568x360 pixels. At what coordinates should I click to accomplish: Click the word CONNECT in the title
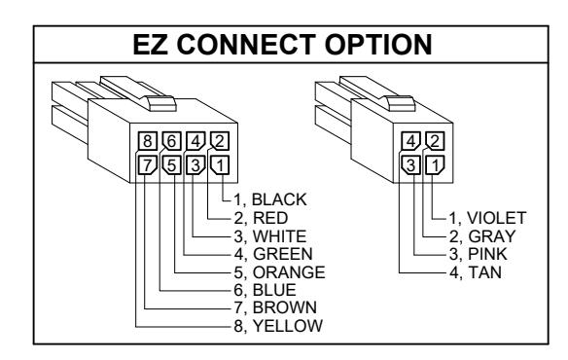(246, 45)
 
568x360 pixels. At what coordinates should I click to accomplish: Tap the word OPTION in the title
(378, 45)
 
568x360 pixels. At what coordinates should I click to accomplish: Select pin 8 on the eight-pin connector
(148, 141)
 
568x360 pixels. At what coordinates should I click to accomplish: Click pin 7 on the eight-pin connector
(148, 165)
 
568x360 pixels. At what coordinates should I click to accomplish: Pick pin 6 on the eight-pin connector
(172, 141)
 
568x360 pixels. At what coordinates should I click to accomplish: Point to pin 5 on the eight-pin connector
(172, 165)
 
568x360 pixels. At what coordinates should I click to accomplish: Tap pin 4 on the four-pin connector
(410, 141)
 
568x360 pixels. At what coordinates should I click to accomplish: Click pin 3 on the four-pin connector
(410, 165)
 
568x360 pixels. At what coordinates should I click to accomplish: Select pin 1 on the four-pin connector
(435, 165)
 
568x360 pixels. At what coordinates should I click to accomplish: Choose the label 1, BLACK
(270, 199)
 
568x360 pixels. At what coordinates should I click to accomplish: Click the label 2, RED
(262, 218)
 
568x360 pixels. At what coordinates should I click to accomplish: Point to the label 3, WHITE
(270, 236)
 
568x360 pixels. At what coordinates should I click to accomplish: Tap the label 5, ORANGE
(280, 272)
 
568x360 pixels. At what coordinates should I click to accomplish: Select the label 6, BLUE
(266, 290)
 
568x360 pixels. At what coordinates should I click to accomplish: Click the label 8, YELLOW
(278, 326)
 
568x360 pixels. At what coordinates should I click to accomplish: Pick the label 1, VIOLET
(487, 218)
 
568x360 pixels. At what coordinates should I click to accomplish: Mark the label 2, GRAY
(482, 236)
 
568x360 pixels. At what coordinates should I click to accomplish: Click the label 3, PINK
(479, 254)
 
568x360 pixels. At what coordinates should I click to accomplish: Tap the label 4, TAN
(476, 272)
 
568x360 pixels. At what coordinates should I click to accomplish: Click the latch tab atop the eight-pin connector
(160, 103)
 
